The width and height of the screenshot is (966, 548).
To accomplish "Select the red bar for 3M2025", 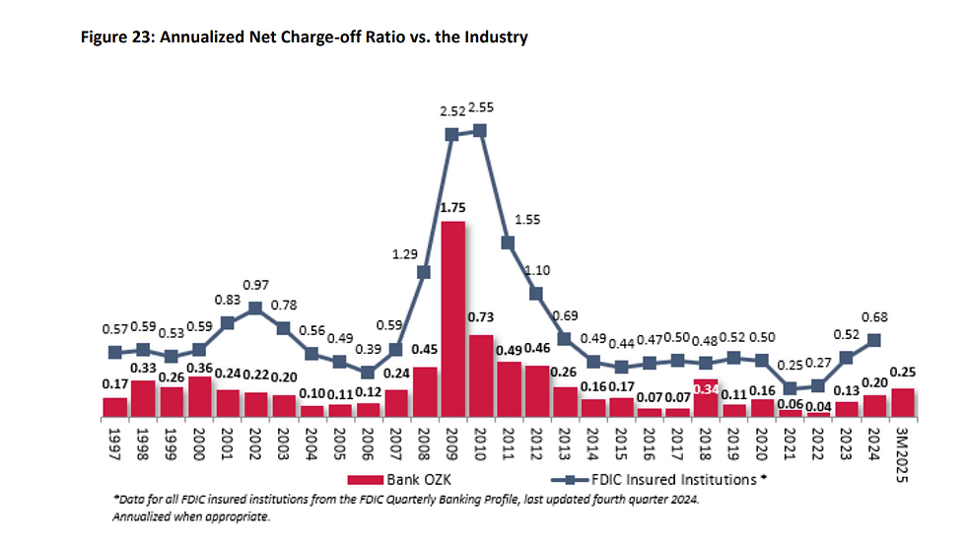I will [x=903, y=401].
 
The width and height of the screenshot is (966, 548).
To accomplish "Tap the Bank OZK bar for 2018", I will [x=706, y=396].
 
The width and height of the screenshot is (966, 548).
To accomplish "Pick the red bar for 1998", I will [x=143, y=397].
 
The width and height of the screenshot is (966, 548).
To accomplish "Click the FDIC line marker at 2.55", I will [x=480, y=130].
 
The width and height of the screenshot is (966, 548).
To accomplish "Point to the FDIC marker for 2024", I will [x=874, y=341].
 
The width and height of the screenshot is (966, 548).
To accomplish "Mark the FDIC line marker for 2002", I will [x=255, y=308].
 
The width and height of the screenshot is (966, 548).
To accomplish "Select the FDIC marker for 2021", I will [x=791, y=387].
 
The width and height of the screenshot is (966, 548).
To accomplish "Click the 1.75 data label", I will [x=452, y=208].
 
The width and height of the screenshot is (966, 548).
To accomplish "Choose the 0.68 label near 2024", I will [x=874, y=316].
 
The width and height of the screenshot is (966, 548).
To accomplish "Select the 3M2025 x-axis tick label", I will [x=903, y=448].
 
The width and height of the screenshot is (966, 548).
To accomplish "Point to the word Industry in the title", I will [x=497, y=37].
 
